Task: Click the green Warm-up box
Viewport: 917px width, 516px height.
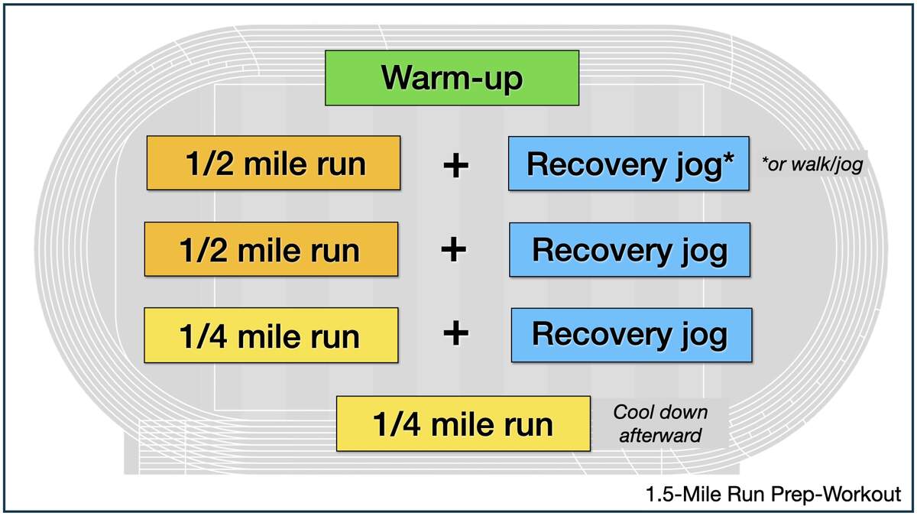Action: pyautogui.click(x=452, y=78)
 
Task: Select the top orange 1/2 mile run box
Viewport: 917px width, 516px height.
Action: pyautogui.click(x=274, y=163)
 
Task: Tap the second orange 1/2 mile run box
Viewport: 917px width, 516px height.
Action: pyautogui.click(x=271, y=249)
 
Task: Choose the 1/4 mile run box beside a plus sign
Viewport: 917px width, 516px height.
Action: pyautogui.click(x=271, y=336)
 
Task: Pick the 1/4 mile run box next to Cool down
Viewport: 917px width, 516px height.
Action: pyautogui.click(x=463, y=424)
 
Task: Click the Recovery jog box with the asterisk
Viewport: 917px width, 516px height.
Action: pyautogui.click(x=629, y=164)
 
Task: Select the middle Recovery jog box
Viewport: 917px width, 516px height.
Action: pyautogui.click(x=630, y=250)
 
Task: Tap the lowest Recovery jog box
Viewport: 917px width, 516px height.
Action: pyautogui.click(x=632, y=335)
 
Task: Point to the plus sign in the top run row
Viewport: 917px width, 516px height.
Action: pyautogui.click(x=455, y=166)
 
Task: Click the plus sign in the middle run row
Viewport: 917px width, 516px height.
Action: pyautogui.click(x=454, y=249)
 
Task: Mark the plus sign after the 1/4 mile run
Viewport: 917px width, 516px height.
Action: pyautogui.click(x=455, y=333)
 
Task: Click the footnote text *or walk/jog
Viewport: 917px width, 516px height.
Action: pyautogui.click(x=812, y=164)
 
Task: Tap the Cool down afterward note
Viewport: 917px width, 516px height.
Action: pyautogui.click(x=660, y=424)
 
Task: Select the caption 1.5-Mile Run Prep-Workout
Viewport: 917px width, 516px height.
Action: pyautogui.click(x=773, y=494)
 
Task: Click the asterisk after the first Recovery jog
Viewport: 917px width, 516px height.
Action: pyautogui.click(x=729, y=158)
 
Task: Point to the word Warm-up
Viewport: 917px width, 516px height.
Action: pyautogui.click(x=452, y=78)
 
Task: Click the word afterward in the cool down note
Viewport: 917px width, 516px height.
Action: pyautogui.click(x=660, y=435)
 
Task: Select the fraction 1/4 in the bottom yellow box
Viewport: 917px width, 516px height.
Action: pyautogui.click(x=397, y=424)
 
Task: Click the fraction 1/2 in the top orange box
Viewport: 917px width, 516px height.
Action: pyautogui.click(x=209, y=164)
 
